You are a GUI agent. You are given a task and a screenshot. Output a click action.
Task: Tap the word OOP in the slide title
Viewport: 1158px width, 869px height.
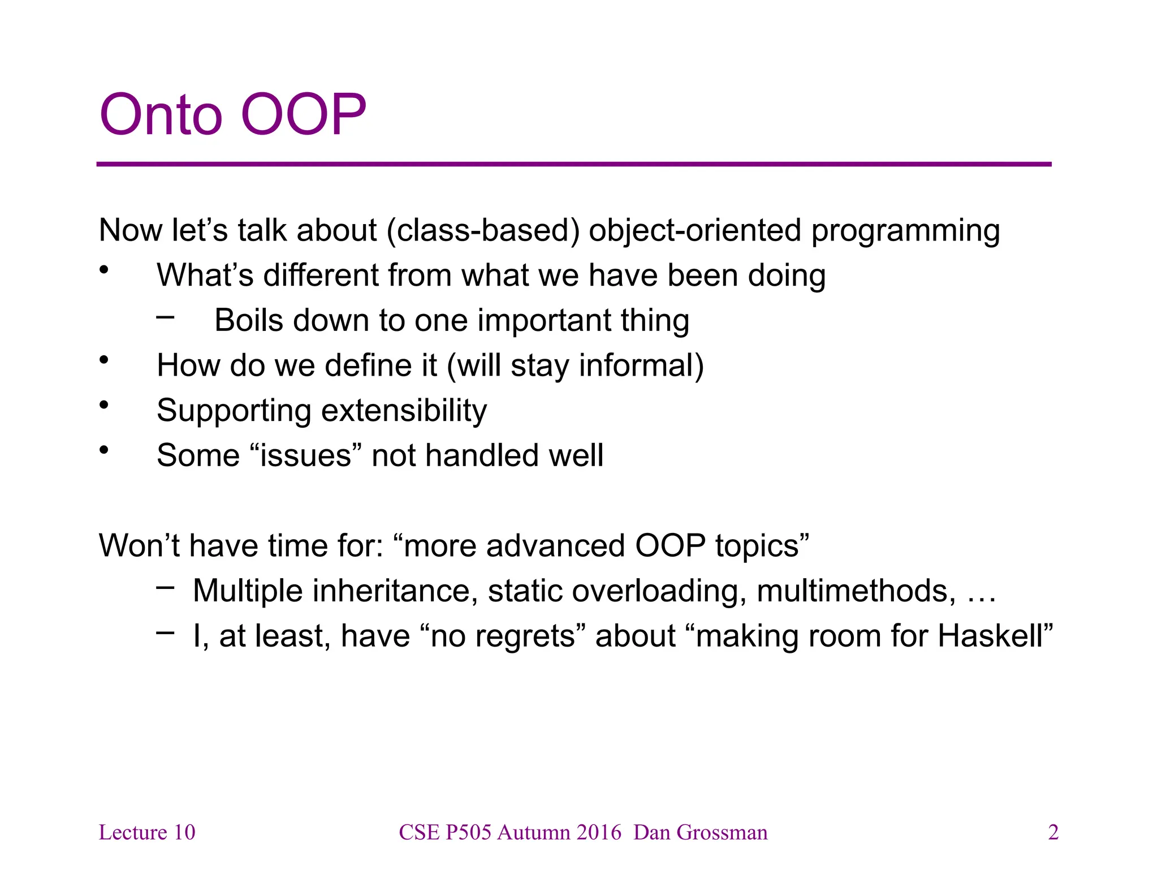304,115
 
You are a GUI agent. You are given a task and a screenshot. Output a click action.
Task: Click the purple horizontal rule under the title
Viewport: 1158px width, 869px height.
573,164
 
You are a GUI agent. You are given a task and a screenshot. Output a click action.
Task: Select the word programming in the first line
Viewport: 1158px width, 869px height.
905,231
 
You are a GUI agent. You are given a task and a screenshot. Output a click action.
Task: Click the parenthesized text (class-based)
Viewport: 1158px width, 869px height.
483,231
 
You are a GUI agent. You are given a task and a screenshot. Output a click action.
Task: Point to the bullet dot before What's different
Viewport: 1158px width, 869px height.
103,270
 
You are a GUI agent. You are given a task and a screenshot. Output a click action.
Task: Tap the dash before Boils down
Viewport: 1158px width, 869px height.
165,317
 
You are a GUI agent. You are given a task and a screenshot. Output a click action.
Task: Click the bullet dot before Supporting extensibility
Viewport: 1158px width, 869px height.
103,405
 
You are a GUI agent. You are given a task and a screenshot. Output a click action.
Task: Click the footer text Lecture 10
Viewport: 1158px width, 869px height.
147,832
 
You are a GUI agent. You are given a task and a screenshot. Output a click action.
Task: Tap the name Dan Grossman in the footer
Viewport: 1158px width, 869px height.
700,832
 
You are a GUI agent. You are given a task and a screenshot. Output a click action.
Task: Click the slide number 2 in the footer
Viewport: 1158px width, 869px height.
1053,832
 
